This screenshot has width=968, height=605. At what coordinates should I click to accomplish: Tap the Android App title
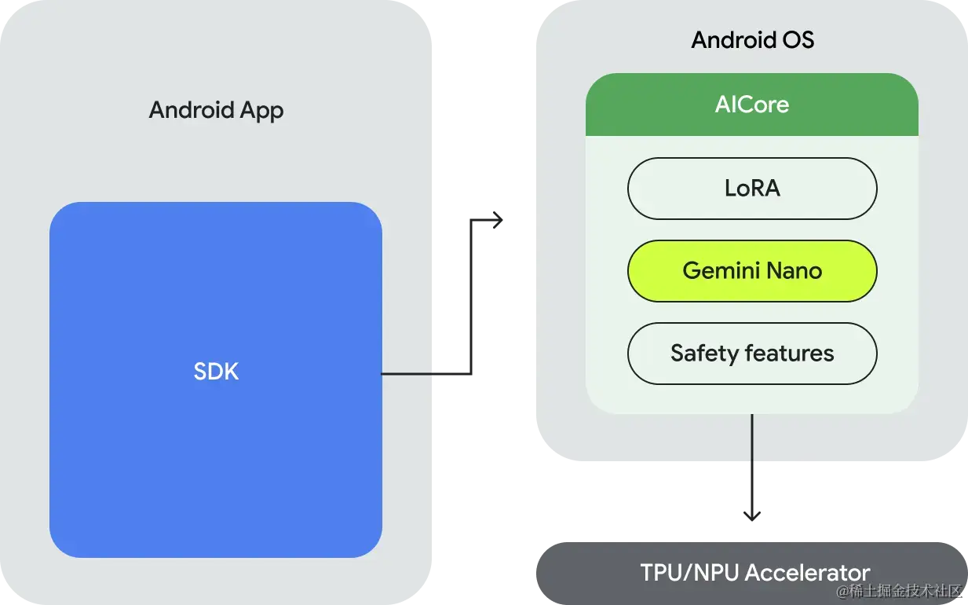tap(216, 110)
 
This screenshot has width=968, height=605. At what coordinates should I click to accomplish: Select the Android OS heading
tap(752, 40)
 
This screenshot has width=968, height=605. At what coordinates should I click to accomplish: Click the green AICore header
tap(751, 104)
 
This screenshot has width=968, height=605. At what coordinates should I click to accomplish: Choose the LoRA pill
tap(751, 189)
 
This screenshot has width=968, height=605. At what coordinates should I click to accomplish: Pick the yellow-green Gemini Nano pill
tap(751, 271)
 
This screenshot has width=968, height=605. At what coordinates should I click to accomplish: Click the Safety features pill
tap(751, 354)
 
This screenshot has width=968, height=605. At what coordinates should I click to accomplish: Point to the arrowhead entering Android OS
tap(498, 220)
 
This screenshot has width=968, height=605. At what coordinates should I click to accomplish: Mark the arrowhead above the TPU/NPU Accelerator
tap(752, 515)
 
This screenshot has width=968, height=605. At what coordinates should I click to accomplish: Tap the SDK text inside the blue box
tap(216, 372)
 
